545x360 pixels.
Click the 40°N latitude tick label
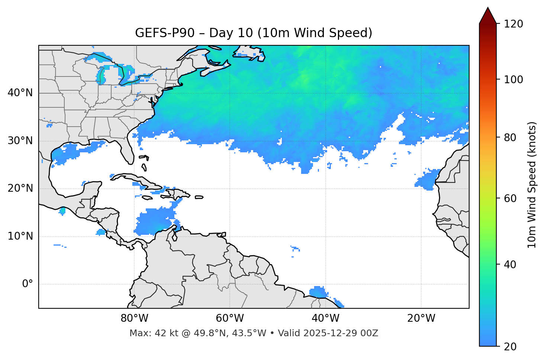(x=20, y=93)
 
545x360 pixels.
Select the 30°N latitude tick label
(x=20, y=141)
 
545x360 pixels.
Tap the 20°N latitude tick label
(x=20, y=188)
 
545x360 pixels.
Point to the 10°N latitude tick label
(x=20, y=236)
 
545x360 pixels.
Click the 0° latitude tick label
(x=27, y=284)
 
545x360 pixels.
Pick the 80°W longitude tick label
(x=134, y=318)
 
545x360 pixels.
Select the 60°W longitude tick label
(x=230, y=318)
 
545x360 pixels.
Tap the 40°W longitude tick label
(x=326, y=318)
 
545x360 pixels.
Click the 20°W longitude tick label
(x=421, y=318)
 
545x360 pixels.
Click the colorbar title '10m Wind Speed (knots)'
(x=532, y=185)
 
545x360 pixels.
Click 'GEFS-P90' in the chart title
(x=165, y=33)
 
